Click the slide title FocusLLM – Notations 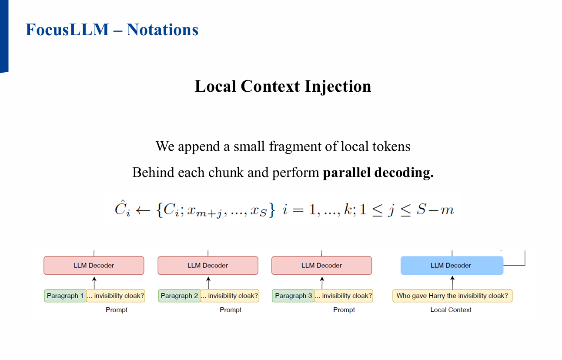112,30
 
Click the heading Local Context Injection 283,86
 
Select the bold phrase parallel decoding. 378,173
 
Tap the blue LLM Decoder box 452,265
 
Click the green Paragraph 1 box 65,296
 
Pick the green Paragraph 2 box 179,296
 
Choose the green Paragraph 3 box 293,296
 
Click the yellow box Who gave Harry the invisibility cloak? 452,296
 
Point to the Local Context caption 451,310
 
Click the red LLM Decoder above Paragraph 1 94,265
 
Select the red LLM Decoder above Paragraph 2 207,265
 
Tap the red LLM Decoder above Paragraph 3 321,265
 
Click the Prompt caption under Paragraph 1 117,310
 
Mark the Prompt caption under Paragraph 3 344,310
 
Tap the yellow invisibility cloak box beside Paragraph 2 229,296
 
